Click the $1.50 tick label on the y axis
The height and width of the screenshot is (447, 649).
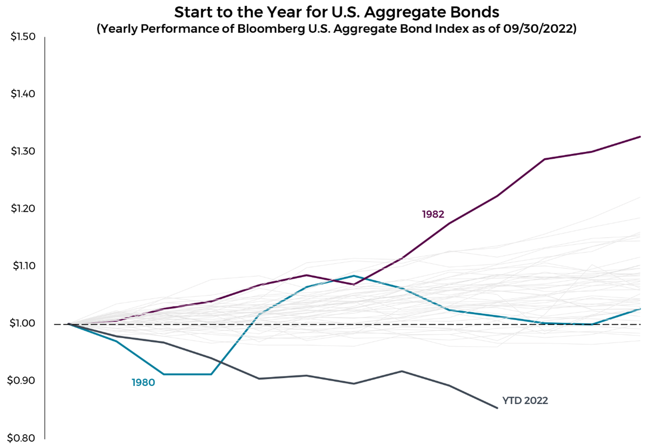[23, 37]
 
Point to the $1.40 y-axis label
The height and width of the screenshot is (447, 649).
[23, 94]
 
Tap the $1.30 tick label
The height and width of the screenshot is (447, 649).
[23, 151]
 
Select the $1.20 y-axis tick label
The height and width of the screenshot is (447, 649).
[23, 208]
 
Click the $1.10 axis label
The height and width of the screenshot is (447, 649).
[24, 266]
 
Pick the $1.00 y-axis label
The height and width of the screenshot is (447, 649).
[22, 323]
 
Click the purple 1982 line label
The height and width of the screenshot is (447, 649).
[433, 214]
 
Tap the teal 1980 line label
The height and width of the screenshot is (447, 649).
[143, 383]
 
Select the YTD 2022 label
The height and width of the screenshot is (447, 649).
[525, 401]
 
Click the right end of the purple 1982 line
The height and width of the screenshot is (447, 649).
[640, 137]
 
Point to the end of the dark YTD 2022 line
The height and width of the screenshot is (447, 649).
[497, 408]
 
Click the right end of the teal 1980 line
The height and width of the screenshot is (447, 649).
[640, 309]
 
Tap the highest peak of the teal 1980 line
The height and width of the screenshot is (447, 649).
[354, 276]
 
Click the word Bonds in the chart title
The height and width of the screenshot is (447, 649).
[471, 12]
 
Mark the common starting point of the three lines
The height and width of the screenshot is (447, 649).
[69, 324]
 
